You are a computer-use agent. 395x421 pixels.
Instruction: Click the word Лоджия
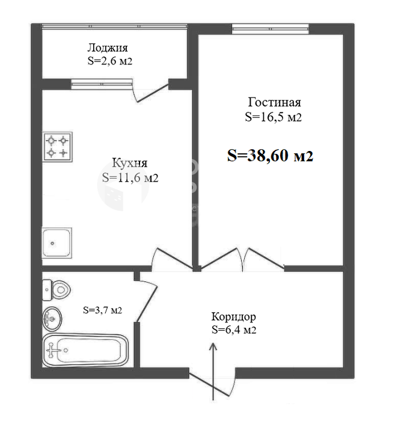[108, 48]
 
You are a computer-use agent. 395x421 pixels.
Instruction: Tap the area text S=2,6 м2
[110, 61]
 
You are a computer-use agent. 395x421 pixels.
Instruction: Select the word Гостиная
[274, 102]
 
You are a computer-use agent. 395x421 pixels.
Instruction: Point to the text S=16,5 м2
[273, 117]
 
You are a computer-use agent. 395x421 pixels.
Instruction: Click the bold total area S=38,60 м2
[270, 155]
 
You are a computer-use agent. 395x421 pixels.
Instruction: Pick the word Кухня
[130, 163]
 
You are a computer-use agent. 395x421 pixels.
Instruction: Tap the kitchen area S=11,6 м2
[130, 178]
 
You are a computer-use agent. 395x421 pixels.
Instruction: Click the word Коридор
[233, 317]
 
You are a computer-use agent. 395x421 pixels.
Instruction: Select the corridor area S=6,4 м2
[234, 330]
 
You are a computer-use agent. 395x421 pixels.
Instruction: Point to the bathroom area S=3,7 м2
[102, 310]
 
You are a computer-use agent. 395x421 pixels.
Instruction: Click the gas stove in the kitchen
[57, 147]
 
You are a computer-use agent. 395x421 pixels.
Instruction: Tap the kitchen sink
[57, 243]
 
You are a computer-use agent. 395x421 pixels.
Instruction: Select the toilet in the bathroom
[57, 290]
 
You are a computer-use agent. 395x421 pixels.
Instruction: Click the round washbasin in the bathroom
[52, 319]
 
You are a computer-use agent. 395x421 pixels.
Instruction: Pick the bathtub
[85, 351]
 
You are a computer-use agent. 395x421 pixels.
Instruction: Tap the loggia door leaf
[153, 94]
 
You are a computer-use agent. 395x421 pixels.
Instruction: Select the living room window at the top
[270, 29]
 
